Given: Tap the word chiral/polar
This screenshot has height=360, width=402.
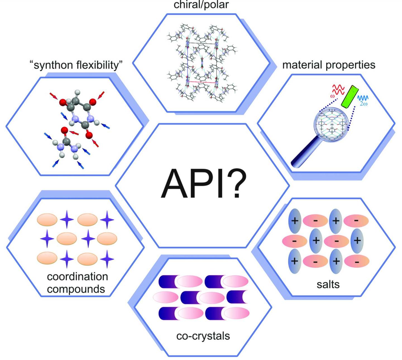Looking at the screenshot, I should tap(201, 4).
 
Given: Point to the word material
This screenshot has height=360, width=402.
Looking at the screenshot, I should tap(302, 65).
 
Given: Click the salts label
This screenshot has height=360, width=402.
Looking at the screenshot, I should tap(328, 284).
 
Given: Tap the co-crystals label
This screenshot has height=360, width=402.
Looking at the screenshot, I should tap(203, 336).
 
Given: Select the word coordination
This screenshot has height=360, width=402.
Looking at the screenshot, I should tap(77, 276).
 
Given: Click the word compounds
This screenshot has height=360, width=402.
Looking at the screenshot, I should tap(76, 289).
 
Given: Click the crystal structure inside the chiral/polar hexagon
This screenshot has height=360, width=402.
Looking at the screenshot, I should tap(202, 63).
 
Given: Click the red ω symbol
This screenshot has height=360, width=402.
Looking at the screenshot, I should tap(332, 96).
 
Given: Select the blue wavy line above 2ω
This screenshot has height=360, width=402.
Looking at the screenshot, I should tap(363, 98).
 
